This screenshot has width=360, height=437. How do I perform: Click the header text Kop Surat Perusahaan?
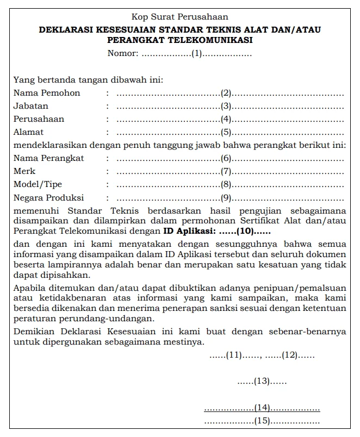coord(179,17)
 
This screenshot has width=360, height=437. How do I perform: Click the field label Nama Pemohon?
coord(47,93)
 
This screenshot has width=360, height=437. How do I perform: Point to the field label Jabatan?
coord(31,106)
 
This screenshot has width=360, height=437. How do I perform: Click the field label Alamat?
coord(29,132)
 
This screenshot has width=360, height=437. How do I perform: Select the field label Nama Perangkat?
coord(49,158)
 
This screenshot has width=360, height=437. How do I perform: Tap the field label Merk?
coord(24,171)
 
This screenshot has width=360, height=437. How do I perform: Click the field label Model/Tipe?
coord(38,184)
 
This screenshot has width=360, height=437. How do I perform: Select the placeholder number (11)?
coord(234,355)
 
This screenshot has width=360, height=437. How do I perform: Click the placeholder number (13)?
coord(262,382)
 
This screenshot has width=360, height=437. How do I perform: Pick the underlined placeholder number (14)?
coord(262,408)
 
